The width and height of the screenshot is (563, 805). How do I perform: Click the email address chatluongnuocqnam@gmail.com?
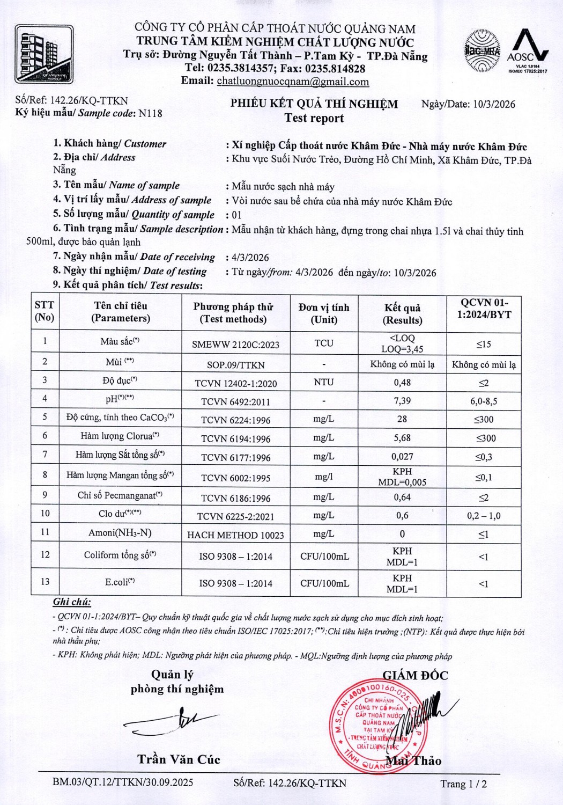[293, 82]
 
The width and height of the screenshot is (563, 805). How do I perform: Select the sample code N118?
[150, 113]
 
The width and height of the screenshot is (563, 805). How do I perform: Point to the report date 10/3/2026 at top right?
[493, 104]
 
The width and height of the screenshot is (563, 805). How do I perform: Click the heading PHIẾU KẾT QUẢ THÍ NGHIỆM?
[314, 104]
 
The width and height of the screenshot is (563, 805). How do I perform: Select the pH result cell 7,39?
[402, 401]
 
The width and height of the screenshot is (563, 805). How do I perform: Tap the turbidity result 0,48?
[402, 383]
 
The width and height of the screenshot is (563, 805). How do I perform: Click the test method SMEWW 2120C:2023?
[235, 345]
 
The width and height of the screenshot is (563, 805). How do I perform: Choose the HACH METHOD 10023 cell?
[235, 535]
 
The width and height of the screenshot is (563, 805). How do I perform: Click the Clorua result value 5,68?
[402, 438]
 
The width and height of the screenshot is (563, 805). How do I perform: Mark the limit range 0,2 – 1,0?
[484, 516]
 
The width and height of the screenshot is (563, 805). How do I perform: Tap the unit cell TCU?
[324, 343]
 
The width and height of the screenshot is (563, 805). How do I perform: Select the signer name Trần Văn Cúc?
[179, 759]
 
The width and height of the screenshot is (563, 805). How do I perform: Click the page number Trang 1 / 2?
[463, 784]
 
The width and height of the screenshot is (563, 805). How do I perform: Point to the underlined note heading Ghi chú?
[72, 602]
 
